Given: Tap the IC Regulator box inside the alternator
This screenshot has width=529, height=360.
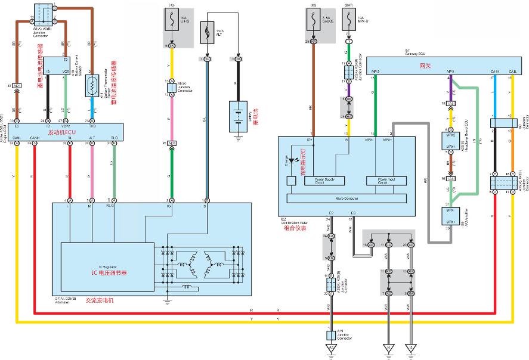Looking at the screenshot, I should pyautogui.click(x=107, y=266).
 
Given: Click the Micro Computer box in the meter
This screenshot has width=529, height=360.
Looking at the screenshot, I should pyautogui.click(x=347, y=198).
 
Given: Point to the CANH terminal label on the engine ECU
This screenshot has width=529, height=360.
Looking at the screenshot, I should pyautogui.click(x=35, y=138).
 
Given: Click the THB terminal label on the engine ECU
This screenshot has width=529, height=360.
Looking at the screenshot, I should pyautogui.click(x=92, y=126).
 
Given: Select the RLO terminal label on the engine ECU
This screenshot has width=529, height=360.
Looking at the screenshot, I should pyautogui.click(x=115, y=138).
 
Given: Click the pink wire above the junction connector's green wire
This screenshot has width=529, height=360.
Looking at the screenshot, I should pyautogui.click(x=172, y=117).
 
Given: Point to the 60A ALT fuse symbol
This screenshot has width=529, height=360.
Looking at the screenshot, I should pyautogui.click(x=207, y=30).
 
